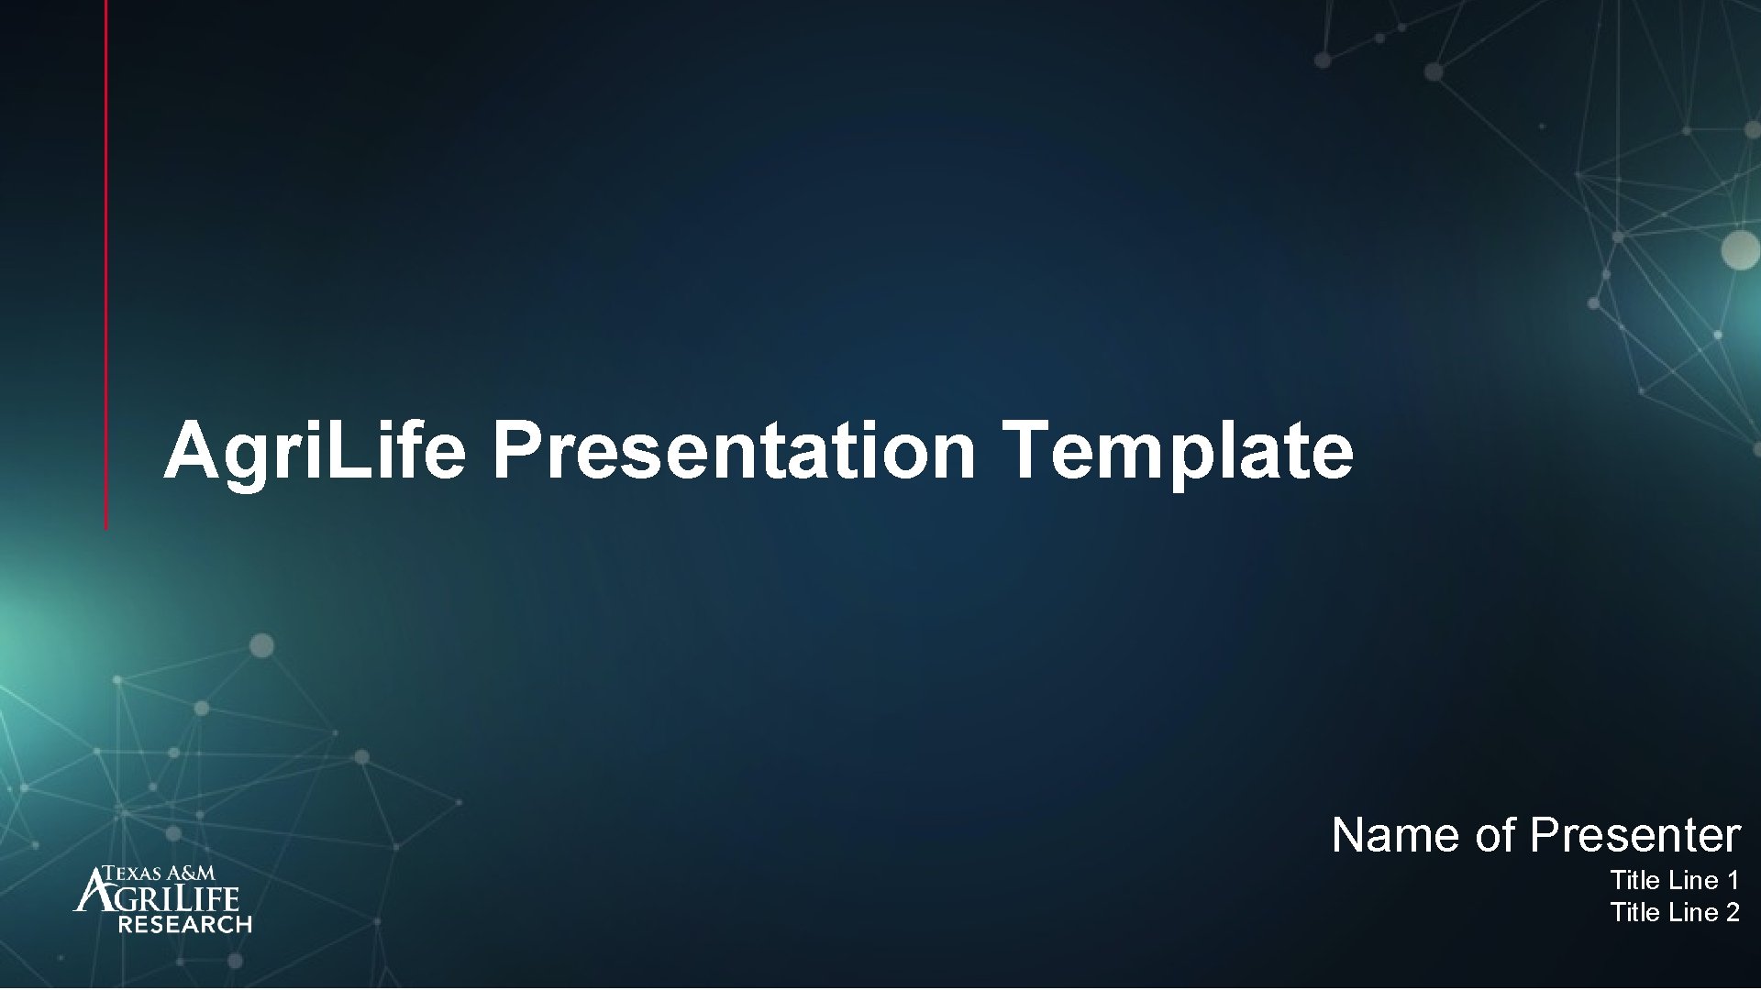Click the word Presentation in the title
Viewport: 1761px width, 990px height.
[x=733, y=451]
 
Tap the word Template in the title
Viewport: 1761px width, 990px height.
[x=1177, y=451]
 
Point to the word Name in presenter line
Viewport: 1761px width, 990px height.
[x=1397, y=835]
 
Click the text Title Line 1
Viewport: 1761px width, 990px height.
[x=1674, y=881]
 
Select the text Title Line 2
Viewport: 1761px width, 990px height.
[x=1674, y=913]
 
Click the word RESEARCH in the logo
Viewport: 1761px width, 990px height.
[x=184, y=925]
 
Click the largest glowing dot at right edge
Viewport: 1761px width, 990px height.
[x=1740, y=249]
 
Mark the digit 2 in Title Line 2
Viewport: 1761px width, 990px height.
[x=1732, y=913]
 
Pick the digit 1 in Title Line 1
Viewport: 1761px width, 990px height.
[x=1732, y=881]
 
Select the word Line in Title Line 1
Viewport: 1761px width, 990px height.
[x=1693, y=881]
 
